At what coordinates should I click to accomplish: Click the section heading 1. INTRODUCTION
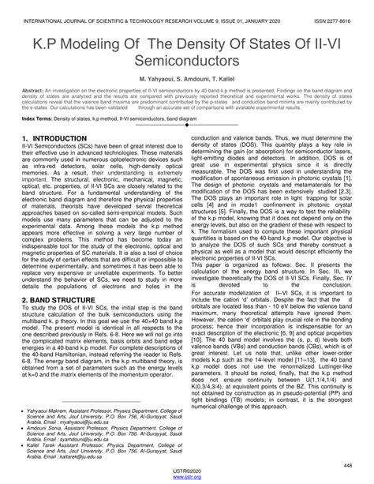[55, 138]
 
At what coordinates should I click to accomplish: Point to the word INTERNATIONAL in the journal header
[44, 12]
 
